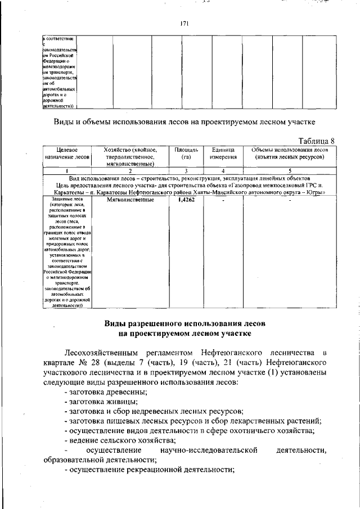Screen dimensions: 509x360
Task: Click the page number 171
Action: pos(183,24)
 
